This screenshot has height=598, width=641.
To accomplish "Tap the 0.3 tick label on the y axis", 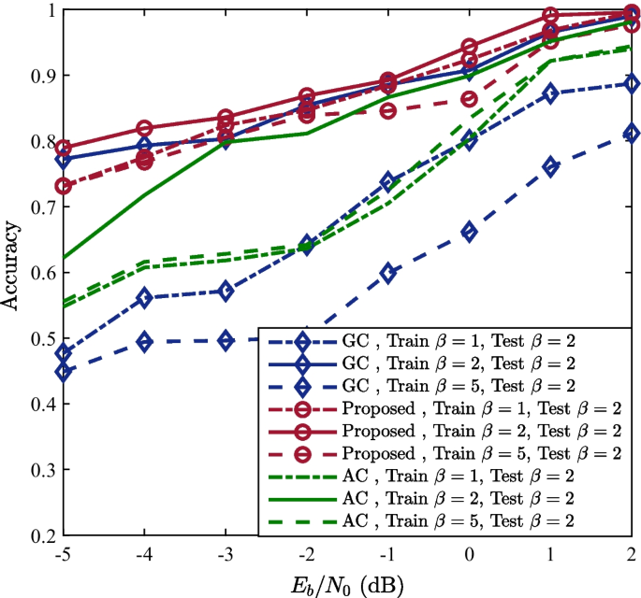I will (x=38, y=470).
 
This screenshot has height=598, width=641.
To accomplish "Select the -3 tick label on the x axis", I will (x=224, y=553).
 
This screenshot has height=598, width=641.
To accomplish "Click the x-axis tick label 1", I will (x=551, y=553).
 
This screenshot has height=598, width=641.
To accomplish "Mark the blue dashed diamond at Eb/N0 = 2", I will (x=633, y=134).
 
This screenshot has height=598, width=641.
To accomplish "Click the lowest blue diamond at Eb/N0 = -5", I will (x=63, y=372).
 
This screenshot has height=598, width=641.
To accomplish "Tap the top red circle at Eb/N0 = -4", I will (x=144, y=129).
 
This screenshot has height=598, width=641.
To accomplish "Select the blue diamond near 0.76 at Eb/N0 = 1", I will (x=551, y=167).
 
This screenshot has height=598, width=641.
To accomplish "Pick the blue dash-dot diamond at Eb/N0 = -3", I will (x=226, y=292).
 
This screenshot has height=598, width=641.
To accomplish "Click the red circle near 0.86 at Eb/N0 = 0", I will (x=470, y=99).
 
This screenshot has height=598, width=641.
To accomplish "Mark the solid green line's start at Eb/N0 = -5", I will (x=63, y=258).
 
